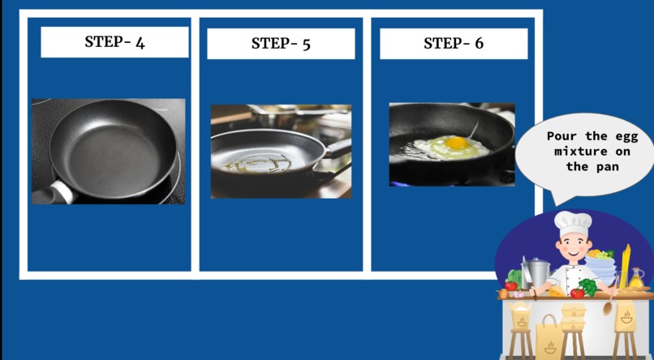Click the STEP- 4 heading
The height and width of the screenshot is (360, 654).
[x=114, y=41]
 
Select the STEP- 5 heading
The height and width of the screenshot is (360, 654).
[x=281, y=43]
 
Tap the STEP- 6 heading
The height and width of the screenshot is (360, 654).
[x=454, y=43]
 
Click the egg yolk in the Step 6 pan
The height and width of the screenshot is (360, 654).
[x=456, y=143]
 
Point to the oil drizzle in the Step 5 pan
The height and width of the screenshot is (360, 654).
[x=257, y=163]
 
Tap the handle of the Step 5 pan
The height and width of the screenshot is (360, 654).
[x=338, y=148]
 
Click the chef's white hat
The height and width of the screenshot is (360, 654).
[x=573, y=223]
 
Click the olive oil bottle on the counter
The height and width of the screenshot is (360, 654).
[x=636, y=278]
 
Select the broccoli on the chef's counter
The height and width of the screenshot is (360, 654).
[x=588, y=287]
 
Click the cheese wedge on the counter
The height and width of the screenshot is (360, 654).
[x=557, y=291]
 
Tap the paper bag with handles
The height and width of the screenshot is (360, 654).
[x=549, y=336]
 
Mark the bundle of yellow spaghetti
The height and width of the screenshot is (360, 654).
[x=626, y=267]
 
